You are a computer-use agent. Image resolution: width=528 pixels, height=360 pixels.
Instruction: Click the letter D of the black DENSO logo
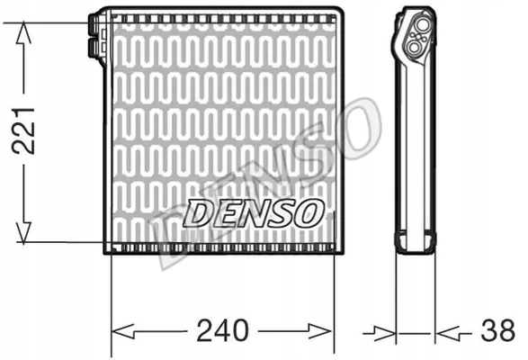pyautogui.click(x=197, y=214)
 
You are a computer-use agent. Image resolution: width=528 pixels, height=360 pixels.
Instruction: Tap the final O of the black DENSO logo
pyautogui.click(x=307, y=214)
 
